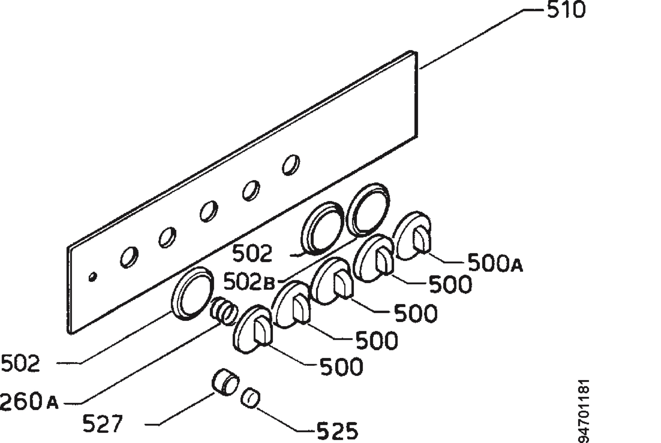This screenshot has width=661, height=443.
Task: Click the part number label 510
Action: coord(566,10)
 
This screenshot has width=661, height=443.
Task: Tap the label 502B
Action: coord(249,282)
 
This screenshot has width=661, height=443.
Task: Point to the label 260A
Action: coord(29,401)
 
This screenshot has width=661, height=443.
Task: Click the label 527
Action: coord(103,423)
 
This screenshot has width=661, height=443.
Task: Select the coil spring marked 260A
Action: coord(224,311)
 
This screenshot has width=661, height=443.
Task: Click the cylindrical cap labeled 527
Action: coord(225,382)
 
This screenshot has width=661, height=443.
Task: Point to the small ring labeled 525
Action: coord(250,398)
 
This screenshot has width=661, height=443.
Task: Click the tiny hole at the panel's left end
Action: coord(93,277)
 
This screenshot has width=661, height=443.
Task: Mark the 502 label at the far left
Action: coord(20,363)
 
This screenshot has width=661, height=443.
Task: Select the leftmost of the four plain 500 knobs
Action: coord(253,329)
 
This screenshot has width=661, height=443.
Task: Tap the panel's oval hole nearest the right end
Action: coord(291,165)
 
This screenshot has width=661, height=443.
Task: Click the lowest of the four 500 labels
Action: coord(341,367)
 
